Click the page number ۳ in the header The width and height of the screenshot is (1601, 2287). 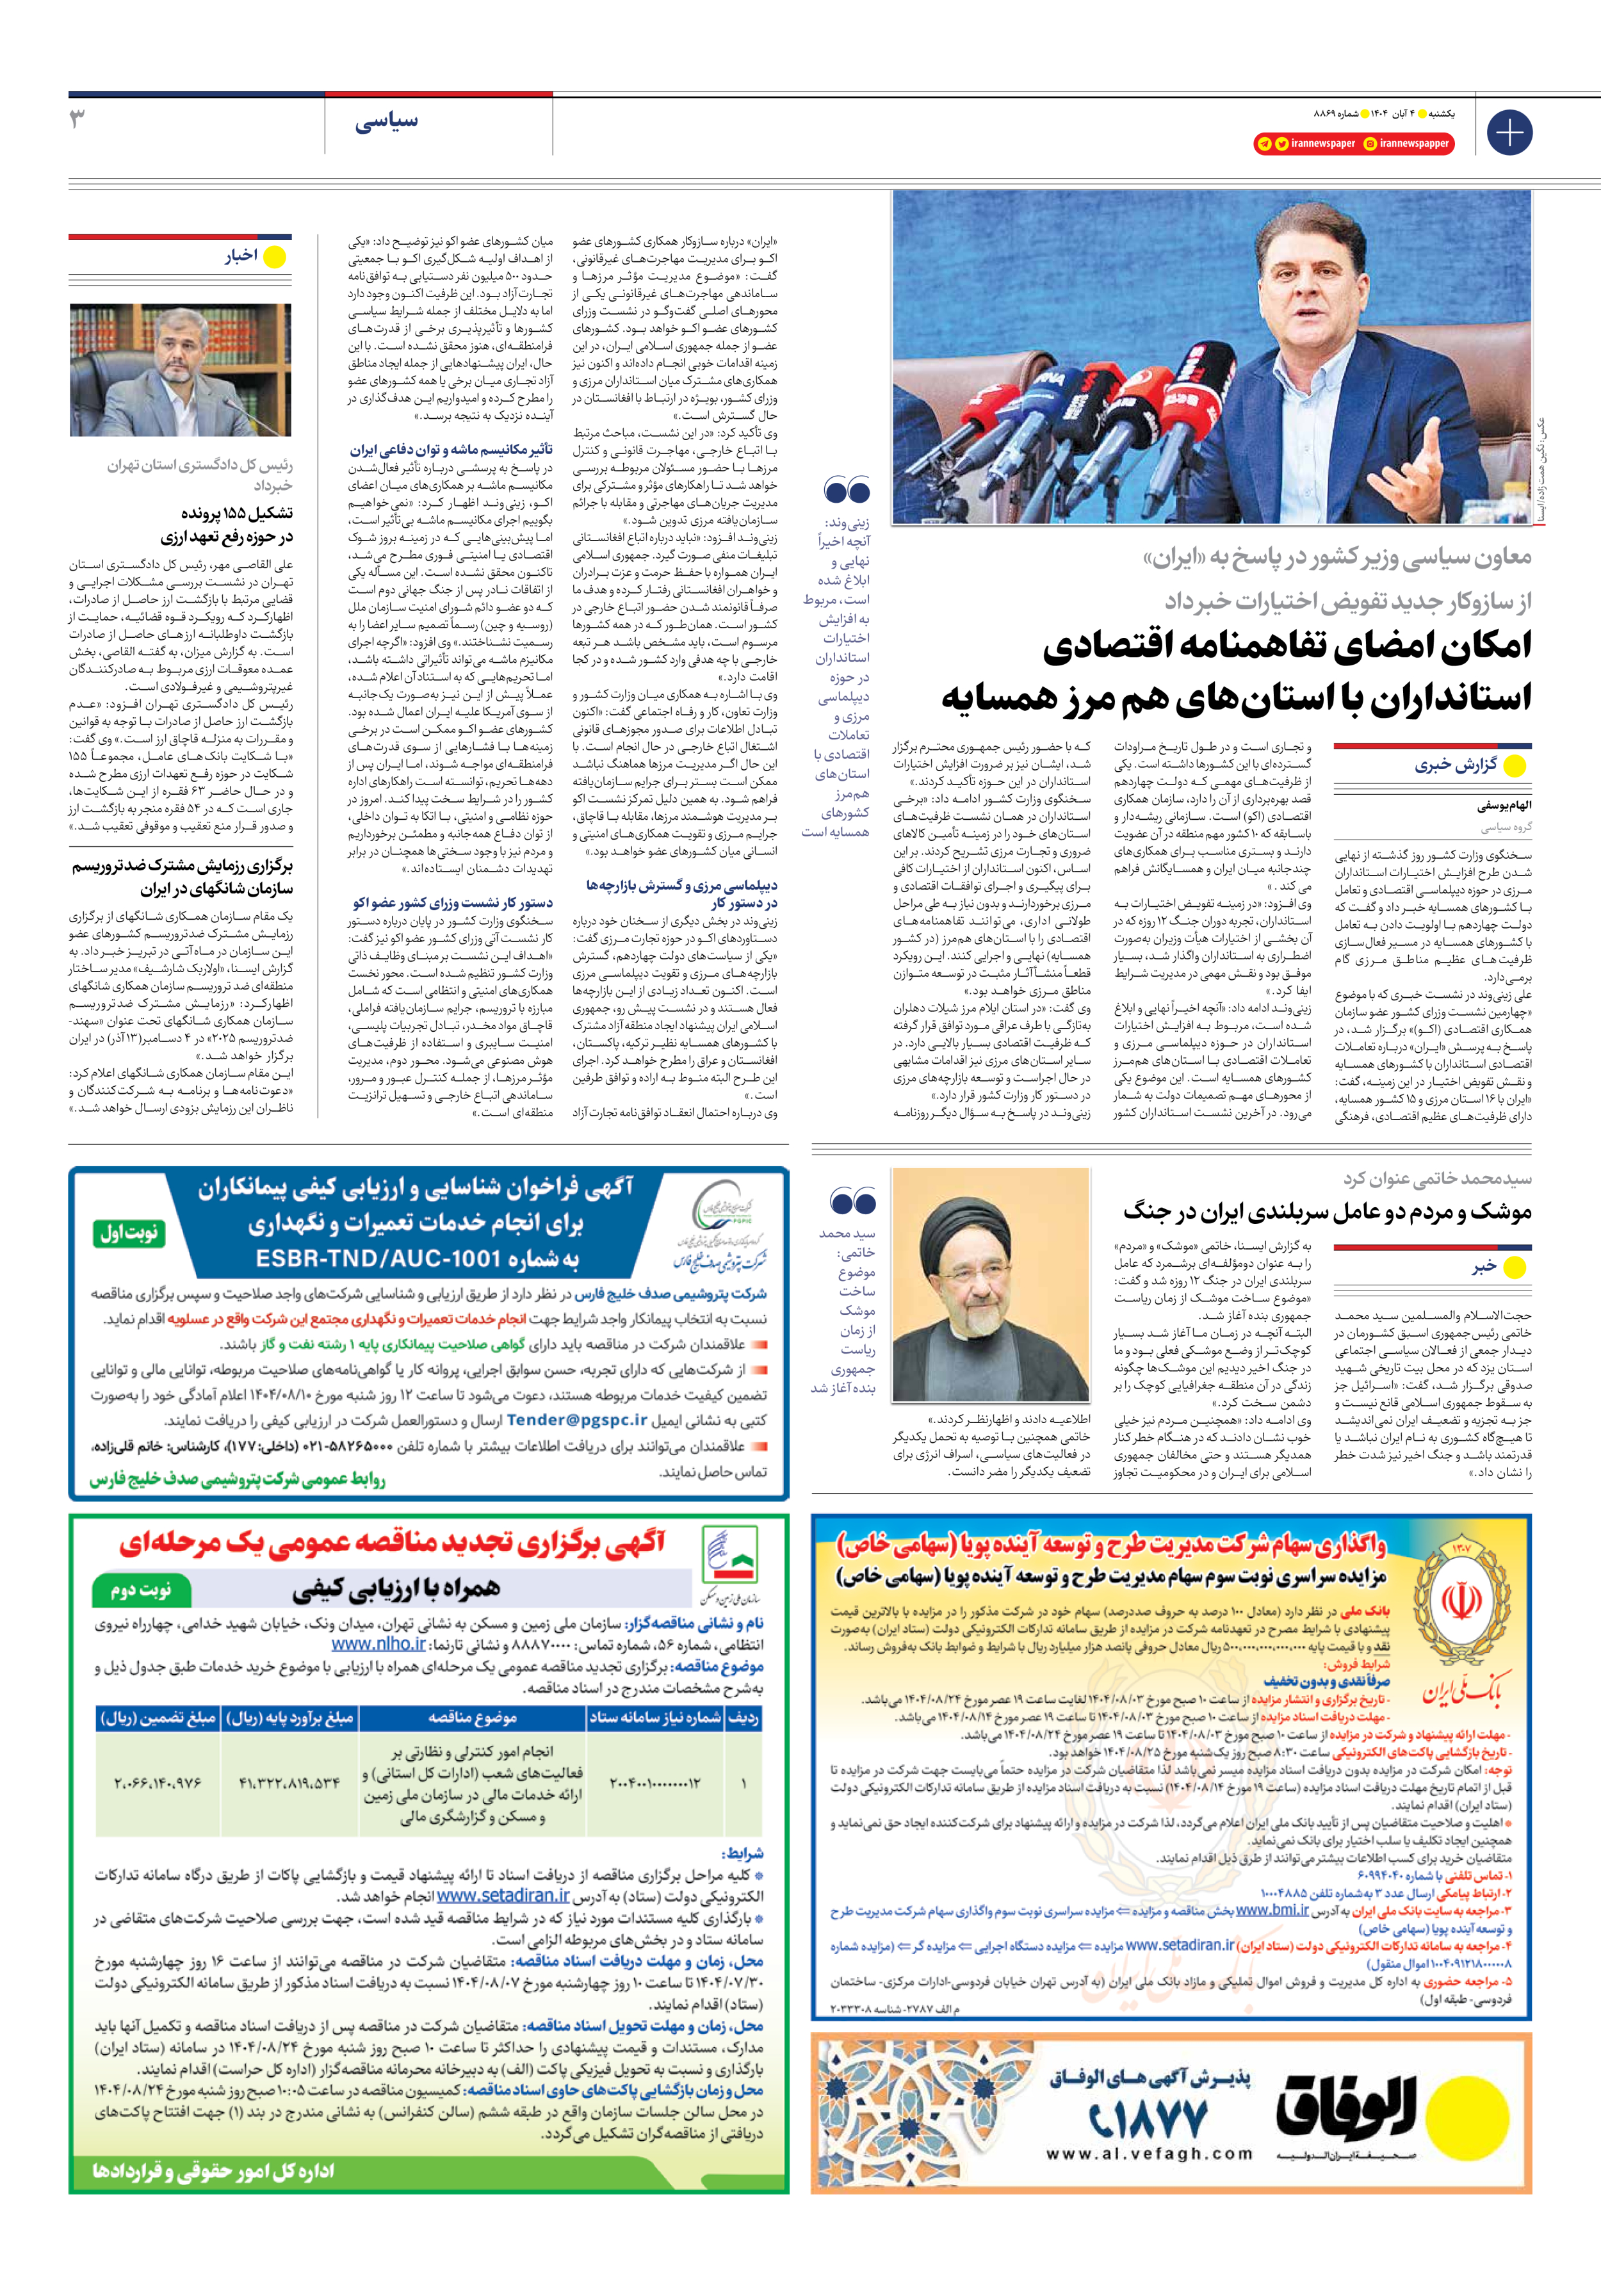pyautogui.click(x=77, y=120)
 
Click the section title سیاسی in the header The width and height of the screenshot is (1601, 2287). pyautogui.click(x=387, y=122)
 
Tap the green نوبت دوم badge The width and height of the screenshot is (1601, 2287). pyautogui.click(x=140, y=1590)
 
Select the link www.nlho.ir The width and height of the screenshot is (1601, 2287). pyautogui.click(x=378, y=1645)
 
